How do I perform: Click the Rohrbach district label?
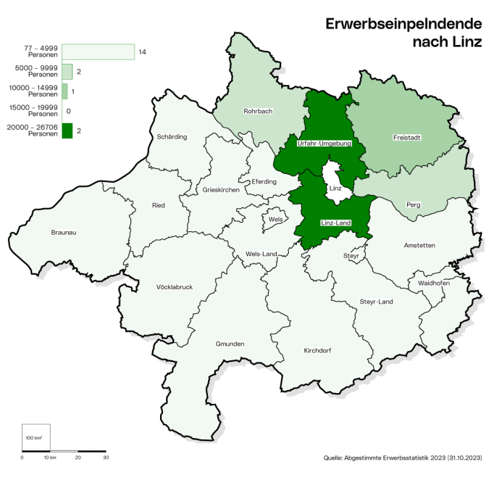click(259, 112)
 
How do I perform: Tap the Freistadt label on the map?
click(408, 137)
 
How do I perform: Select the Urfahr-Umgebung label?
click(324, 144)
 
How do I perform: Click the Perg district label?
click(413, 204)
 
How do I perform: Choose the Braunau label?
click(64, 233)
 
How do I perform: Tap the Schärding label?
click(172, 137)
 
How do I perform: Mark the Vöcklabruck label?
click(175, 287)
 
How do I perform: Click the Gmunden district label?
click(230, 344)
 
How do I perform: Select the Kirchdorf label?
click(317, 350)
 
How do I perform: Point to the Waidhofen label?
click(433, 283)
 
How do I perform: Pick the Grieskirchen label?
click(221, 190)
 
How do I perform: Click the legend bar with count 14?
click(98, 52)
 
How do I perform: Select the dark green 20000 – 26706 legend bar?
click(67, 131)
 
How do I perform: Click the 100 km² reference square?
click(35, 438)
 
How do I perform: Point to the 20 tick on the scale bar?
click(78, 458)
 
